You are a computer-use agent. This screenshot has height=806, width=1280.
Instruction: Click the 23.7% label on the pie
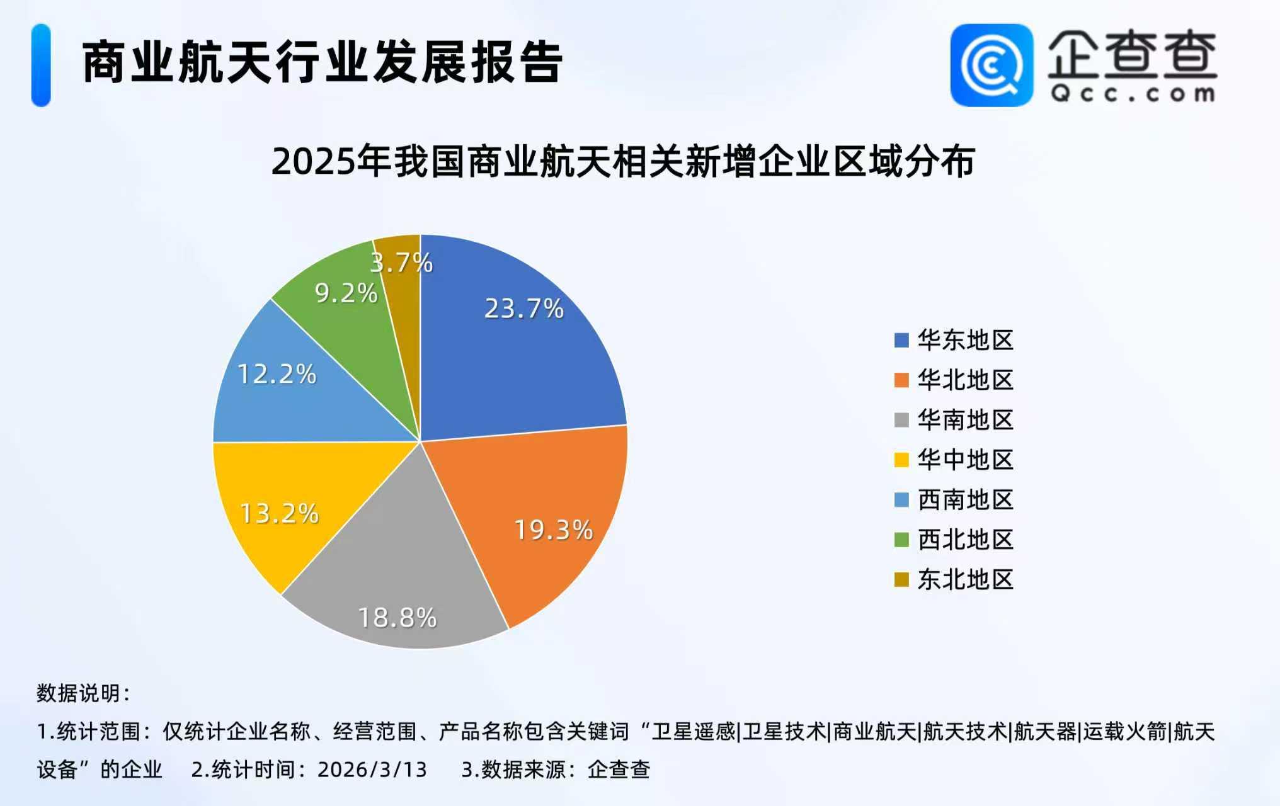(523, 309)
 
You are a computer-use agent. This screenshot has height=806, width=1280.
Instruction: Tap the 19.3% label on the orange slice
(554, 530)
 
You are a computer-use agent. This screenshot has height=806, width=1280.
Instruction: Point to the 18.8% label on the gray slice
(397, 618)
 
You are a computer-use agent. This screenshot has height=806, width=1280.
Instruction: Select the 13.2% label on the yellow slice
(279, 513)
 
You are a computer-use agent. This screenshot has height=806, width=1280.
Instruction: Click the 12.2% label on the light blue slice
(277, 374)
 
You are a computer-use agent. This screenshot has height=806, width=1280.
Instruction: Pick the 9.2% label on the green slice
(346, 293)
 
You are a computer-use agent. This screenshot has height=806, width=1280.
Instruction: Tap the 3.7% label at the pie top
(401, 263)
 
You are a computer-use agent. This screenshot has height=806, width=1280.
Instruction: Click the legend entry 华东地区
(965, 340)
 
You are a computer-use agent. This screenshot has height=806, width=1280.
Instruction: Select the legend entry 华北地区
(965, 380)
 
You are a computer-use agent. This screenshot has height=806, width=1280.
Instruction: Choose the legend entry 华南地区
(965, 420)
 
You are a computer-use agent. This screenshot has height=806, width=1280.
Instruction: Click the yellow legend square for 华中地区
(901, 460)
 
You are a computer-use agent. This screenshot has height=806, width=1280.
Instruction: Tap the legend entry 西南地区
(965, 500)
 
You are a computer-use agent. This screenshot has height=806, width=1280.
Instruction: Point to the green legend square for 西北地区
(901, 540)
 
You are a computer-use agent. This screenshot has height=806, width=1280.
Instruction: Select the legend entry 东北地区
(965, 579)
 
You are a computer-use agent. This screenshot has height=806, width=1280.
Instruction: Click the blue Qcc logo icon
(991, 65)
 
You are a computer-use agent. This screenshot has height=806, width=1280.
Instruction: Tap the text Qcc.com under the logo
(1133, 94)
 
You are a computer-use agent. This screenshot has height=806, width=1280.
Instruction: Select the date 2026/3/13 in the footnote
(372, 769)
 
